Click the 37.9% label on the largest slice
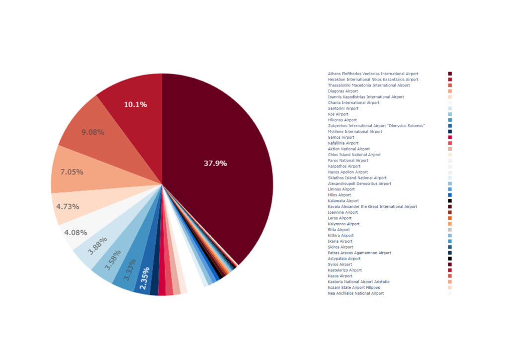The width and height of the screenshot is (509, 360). pyautogui.click(x=215, y=163)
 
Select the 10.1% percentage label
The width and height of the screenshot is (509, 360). pyautogui.click(x=135, y=104)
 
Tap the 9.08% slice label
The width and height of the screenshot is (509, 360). pyautogui.click(x=92, y=132)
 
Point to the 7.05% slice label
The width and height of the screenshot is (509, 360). pyautogui.click(x=72, y=172)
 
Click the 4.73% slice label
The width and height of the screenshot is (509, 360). pyautogui.click(x=67, y=206)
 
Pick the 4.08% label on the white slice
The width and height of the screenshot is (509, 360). pyautogui.click(x=76, y=232)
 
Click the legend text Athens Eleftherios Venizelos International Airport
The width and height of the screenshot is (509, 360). pyautogui.click(x=373, y=74)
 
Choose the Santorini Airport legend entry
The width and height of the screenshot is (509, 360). pyautogui.click(x=343, y=108)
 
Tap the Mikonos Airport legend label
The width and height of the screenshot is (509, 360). pyautogui.click(x=342, y=120)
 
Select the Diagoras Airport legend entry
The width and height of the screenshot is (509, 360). pyautogui.click(x=342, y=91)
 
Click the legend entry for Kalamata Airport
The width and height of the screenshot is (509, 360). pyautogui.click(x=343, y=201)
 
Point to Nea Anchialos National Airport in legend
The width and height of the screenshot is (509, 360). pyautogui.click(x=355, y=293)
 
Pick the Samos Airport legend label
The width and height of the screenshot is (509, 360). pyautogui.click(x=341, y=137)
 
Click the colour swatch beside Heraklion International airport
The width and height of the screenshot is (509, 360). pyautogui.click(x=450, y=80)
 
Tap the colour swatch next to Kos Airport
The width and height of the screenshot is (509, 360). pyautogui.click(x=450, y=114)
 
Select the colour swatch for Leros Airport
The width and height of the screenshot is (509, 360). pyautogui.click(x=450, y=218)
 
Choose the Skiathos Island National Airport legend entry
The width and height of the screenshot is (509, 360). pyautogui.click(x=356, y=178)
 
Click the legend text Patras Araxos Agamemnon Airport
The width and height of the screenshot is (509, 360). pyautogui.click(x=359, y=253)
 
